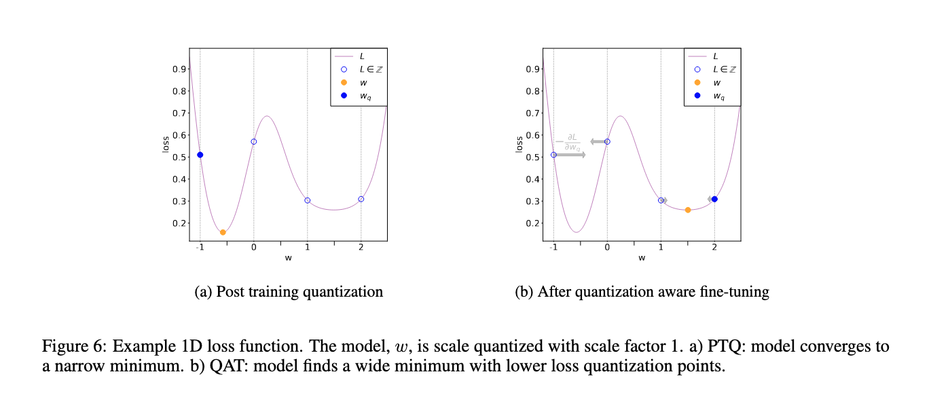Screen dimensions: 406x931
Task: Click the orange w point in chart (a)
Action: (x=223, y=232)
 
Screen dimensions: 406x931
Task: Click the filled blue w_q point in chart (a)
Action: (x=200, y=155)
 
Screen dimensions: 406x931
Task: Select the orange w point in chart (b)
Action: (x=688, y=210)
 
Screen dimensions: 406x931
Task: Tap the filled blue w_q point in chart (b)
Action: (x=714, y=199)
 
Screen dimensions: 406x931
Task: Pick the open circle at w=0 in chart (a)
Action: (x=253, y=141)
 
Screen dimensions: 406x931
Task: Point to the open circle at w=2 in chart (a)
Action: (x=361, y=199)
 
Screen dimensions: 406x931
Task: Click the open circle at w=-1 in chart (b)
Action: (x=553, y=155)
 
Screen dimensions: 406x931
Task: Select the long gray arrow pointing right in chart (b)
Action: (x=570, y=155)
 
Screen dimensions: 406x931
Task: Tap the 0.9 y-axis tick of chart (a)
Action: (x=179, y=69)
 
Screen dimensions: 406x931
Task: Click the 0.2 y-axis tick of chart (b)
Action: (x=532, y=223)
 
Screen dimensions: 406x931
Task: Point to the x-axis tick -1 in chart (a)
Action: (x=199, y=248)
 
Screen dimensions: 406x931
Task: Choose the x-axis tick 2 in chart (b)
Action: (x=714, y=248)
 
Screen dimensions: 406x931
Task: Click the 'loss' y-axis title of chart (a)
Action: (x=165, y=144)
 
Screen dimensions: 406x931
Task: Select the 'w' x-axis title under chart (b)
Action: (x=642, y=258)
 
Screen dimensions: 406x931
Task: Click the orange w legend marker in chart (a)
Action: (x=344, y=83)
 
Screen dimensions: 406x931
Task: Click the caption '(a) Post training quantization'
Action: (x=289, y=292)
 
